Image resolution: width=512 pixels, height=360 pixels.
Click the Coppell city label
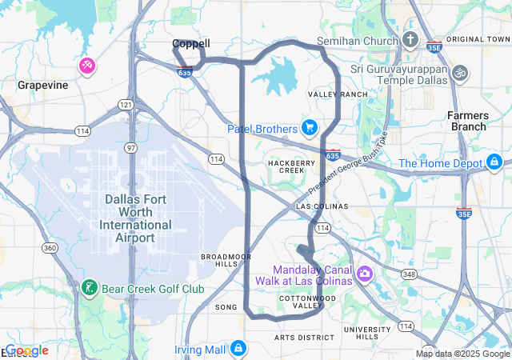coord(191,44)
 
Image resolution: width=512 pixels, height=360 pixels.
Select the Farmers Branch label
coord(467,121)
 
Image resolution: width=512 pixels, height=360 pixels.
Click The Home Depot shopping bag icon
coord(495,164)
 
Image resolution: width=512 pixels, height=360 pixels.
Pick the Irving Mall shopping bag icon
coord(238,349)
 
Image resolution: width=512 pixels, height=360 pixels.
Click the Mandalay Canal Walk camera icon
coord(365,274)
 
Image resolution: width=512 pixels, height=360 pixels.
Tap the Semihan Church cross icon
coord(410,41)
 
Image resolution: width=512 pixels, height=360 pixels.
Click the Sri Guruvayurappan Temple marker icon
coord(459,72)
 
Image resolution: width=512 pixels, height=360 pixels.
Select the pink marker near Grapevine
coord(86,65)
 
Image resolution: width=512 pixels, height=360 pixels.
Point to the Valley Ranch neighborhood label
coord(338,94)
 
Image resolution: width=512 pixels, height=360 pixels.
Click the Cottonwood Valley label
coord(302,302)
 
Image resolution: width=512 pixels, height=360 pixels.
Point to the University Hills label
coord(367,333)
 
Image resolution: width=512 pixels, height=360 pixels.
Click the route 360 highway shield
coord(50,248)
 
